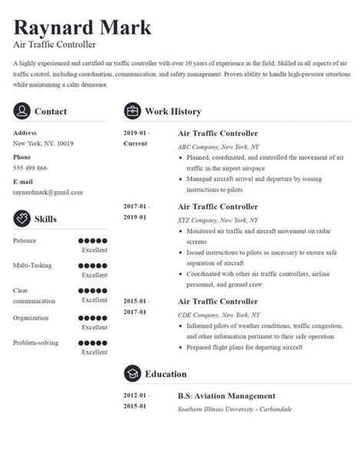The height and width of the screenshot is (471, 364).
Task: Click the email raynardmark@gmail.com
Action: pos(48,192)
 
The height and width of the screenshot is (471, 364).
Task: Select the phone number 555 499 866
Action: pos(31,168)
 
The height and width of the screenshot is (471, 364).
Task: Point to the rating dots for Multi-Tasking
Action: pos(94,266)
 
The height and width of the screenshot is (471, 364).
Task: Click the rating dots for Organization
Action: pos(94,317)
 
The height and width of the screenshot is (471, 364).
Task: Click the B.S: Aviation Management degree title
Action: pos(227,396)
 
